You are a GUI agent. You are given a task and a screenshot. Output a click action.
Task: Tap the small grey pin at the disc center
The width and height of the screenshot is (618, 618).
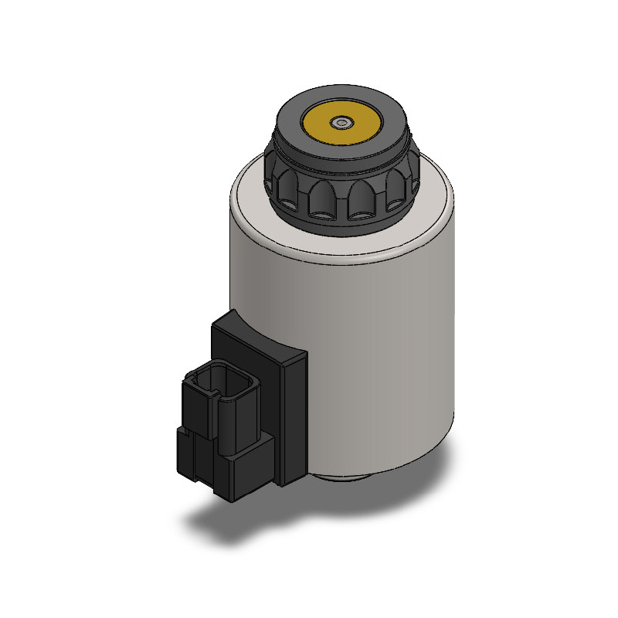(x=341, y=122)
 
